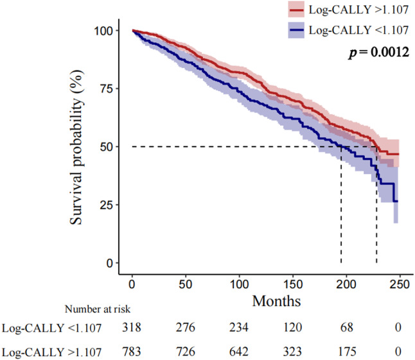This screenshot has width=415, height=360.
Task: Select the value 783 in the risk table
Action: pos(131,351)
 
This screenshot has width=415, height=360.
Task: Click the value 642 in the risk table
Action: pos(238,351)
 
